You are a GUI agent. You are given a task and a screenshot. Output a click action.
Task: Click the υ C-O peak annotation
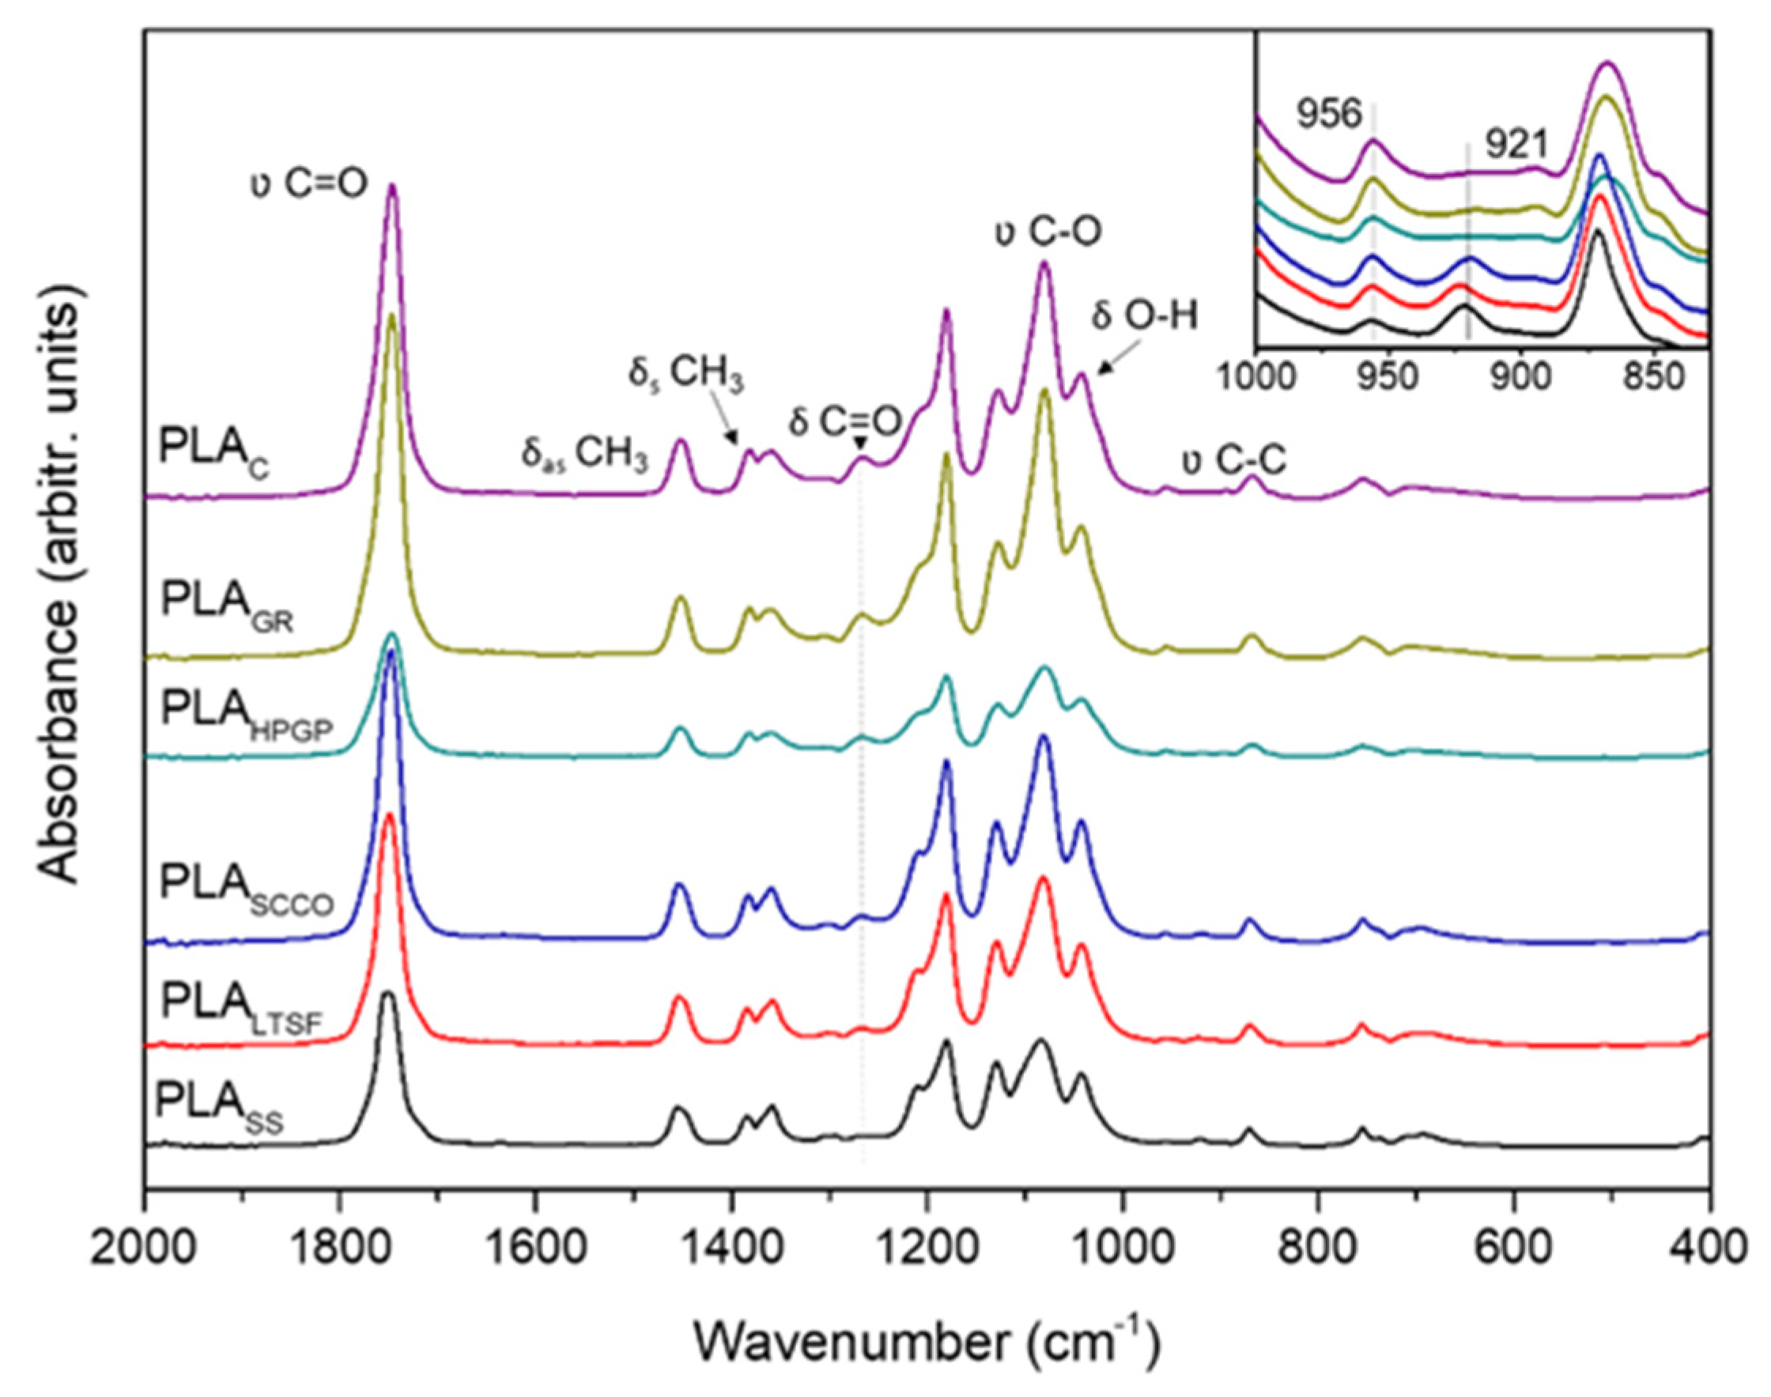[1048, 232]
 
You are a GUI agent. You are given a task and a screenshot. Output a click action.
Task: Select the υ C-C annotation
[1233, 463]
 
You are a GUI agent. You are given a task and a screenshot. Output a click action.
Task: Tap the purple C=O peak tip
[392, 186]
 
